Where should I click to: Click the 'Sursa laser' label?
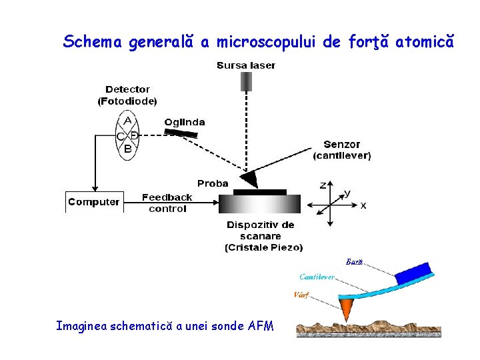245,65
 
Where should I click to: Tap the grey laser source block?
246,81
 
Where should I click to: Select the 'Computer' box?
94,202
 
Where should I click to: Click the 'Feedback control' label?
167,203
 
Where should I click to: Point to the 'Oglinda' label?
185,122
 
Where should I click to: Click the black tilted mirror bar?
181,133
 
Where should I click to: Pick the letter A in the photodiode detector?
128,121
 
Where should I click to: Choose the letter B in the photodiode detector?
128,149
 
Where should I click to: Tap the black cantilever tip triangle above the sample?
249,179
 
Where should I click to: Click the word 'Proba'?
213,183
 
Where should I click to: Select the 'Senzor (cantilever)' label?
342,150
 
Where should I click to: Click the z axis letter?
323,185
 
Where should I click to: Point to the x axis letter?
363,206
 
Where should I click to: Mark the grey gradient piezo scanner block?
260,204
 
